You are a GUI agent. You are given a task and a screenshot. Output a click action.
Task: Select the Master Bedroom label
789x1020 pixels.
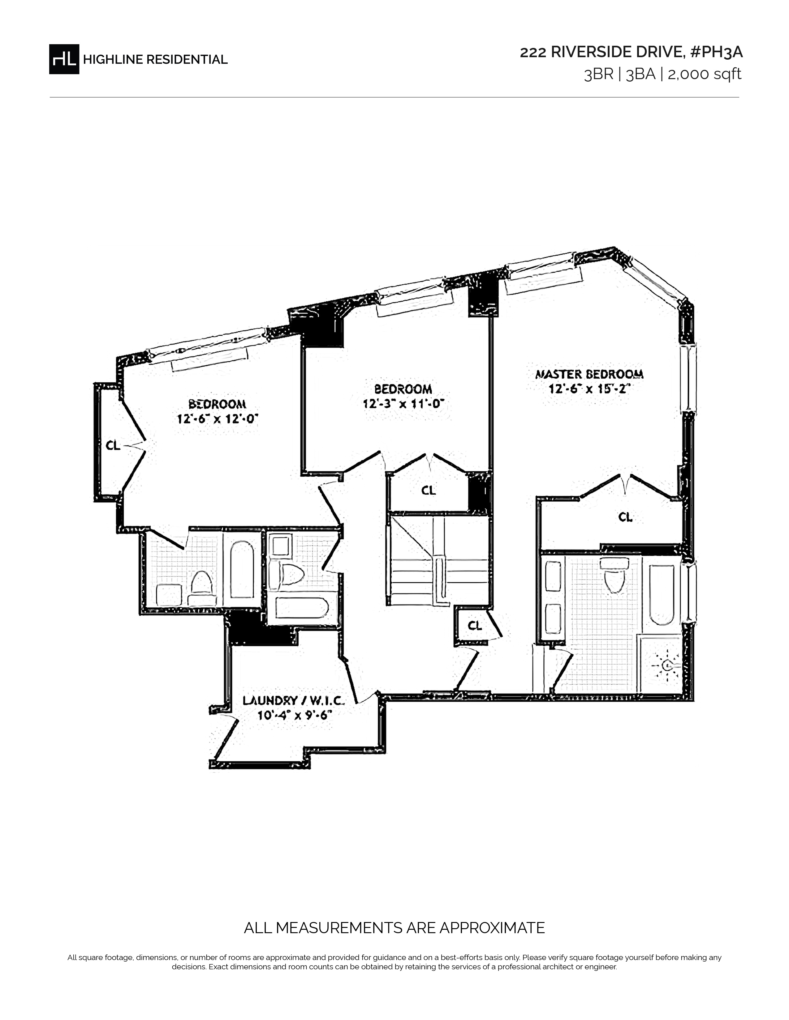pyautogui.click(x=589, y=374)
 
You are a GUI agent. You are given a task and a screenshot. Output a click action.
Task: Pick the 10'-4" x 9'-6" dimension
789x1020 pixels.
pyautogui.click(x=295, y=715)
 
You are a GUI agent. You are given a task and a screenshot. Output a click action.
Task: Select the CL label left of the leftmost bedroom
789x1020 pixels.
pyautogui.click(x=113, y=445)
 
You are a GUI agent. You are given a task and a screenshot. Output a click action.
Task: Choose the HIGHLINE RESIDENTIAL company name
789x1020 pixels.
pyautogui.click(x=155, y=59)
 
